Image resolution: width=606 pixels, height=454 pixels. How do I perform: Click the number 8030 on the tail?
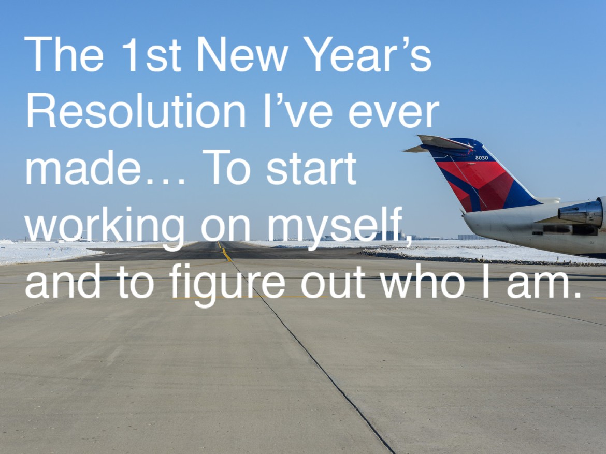(482, 158)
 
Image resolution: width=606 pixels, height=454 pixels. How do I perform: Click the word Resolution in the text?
(136, 110)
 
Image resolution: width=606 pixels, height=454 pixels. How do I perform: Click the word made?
(83, 168)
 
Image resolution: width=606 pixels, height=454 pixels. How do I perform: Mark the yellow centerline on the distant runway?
(224, 251)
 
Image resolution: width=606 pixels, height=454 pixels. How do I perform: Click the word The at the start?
(64, 54)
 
